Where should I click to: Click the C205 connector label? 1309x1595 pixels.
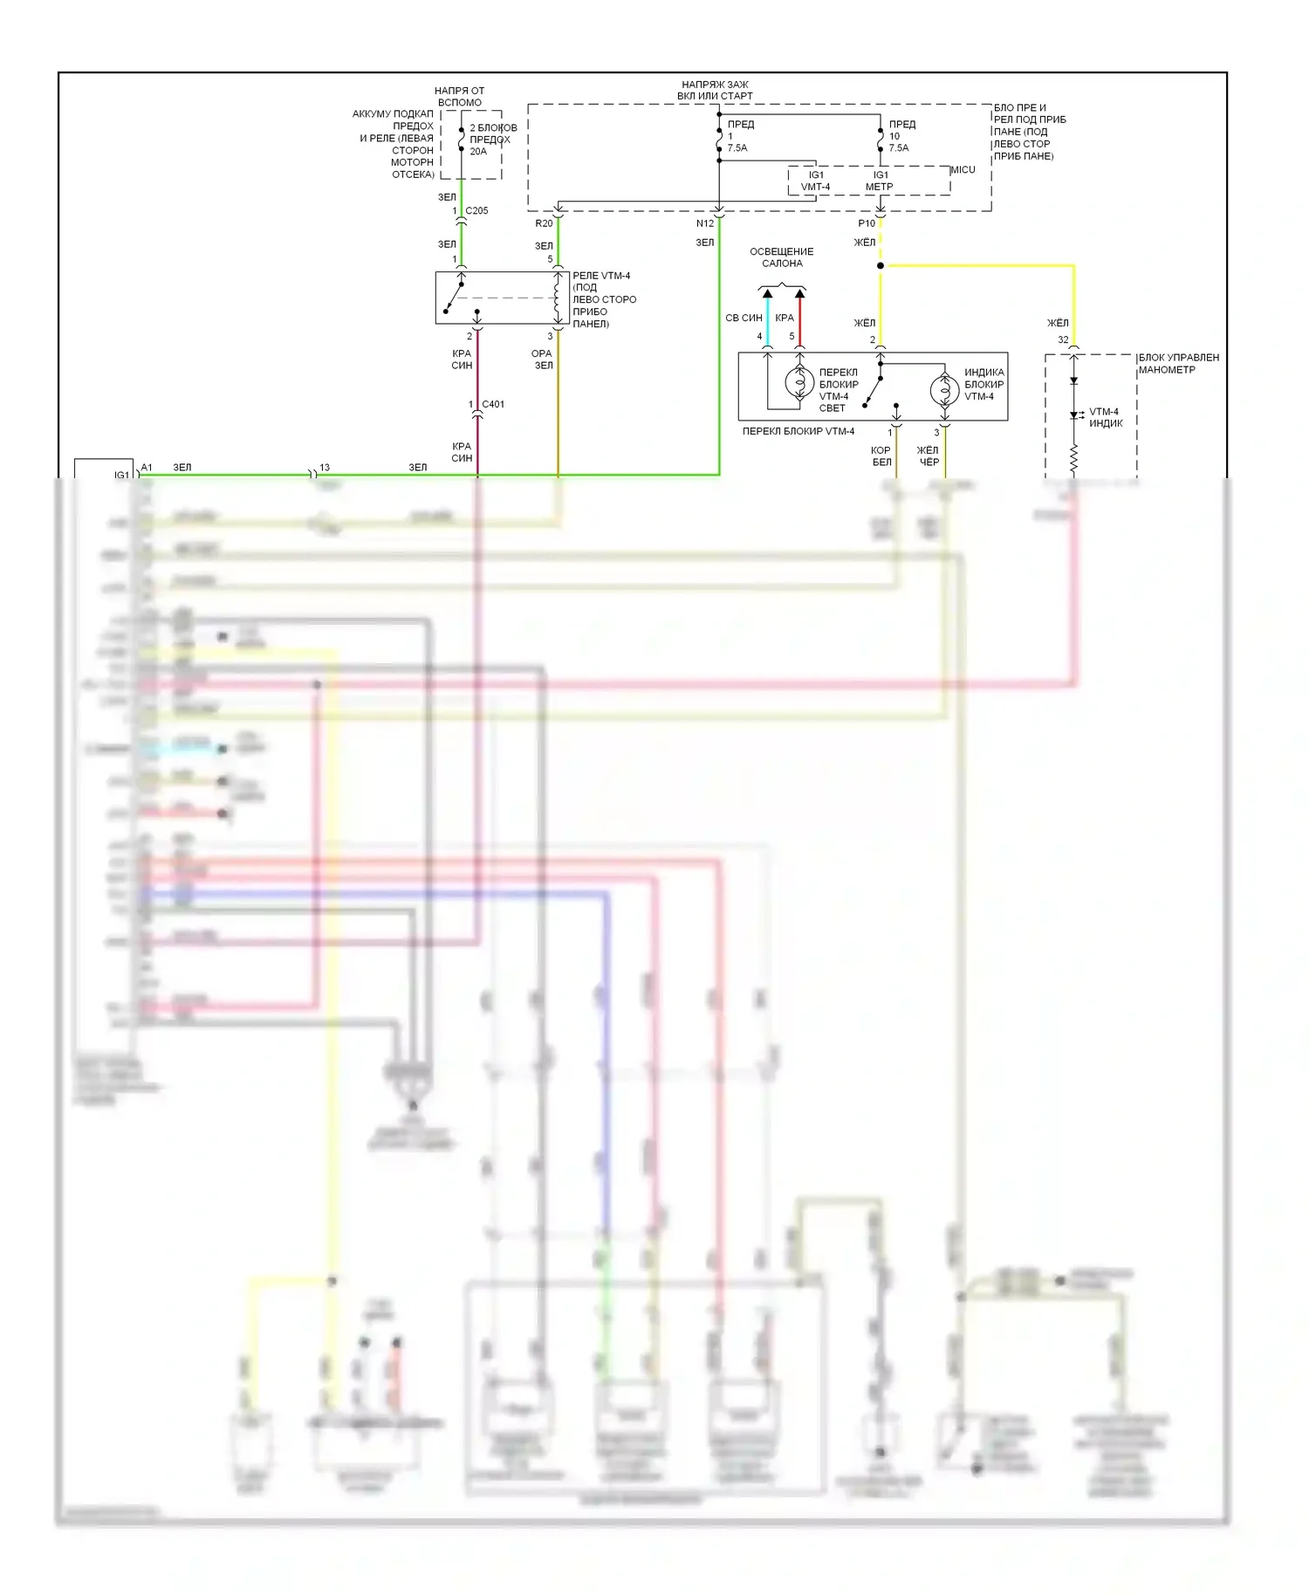[476, 210]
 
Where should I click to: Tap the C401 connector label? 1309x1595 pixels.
[493, 404]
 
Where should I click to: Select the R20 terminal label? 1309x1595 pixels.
[544, 223]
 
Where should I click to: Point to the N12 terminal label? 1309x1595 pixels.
[705, 223]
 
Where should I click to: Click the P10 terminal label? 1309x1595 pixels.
[867, 223]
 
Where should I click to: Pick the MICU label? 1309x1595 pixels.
[963, 169]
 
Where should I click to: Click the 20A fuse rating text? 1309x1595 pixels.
[478, 151]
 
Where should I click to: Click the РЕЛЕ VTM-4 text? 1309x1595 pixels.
[601, 276]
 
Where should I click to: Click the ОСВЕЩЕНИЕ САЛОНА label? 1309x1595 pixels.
[782, 257]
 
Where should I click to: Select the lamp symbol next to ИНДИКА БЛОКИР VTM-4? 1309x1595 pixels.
[944, 389]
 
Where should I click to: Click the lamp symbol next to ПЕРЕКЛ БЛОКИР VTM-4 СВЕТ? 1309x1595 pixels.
[799, 382]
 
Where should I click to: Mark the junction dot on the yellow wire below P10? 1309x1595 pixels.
[881, 265]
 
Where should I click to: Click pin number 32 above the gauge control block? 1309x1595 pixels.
[1063, 339]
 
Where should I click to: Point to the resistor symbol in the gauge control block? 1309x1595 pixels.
[1073, 459]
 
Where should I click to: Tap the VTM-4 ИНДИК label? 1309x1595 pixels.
[1106, 417]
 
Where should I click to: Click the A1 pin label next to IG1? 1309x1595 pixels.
[147, 468]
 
